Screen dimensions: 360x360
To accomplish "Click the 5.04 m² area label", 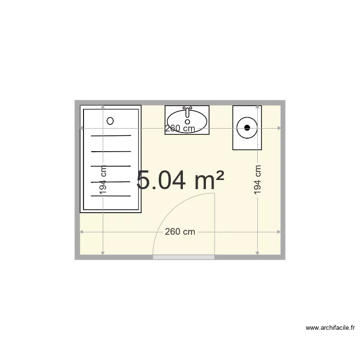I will (x=180, y=180).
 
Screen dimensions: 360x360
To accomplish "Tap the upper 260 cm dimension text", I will (x=180, y=128).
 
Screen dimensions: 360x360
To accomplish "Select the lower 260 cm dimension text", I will (x=180, y=232).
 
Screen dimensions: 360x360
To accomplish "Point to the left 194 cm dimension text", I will (x=103, y=180).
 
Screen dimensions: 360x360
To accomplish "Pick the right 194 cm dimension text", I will (x=258, y=180).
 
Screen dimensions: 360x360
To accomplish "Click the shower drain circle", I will (x=110, y=120).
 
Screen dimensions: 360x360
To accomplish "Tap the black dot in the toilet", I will (x=247, y=128).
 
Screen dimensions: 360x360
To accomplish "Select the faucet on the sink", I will (x=187, y=110).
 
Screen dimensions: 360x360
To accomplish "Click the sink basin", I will (x=187, y=120).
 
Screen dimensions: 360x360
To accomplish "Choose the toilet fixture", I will (x=247, y=128).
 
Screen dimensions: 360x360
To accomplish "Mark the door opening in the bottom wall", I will (x=183, y=258).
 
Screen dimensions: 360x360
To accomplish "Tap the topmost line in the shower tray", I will (x=111, y=136).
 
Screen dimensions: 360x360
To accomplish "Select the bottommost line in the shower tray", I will (x=111, y=196).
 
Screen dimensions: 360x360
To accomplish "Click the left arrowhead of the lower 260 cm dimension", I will (x=82, y=232).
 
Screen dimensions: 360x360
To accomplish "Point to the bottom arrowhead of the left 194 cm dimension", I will (x=103, y=252).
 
